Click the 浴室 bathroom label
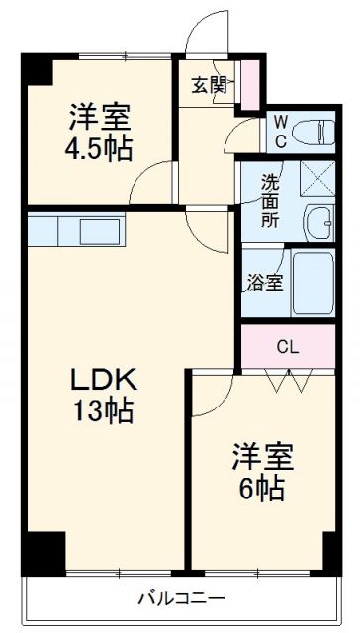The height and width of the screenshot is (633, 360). point(265,283)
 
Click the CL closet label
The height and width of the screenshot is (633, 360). point(287,346)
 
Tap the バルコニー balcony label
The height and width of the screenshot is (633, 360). point(181,598)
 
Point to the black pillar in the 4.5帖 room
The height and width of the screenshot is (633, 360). point(38,69)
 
